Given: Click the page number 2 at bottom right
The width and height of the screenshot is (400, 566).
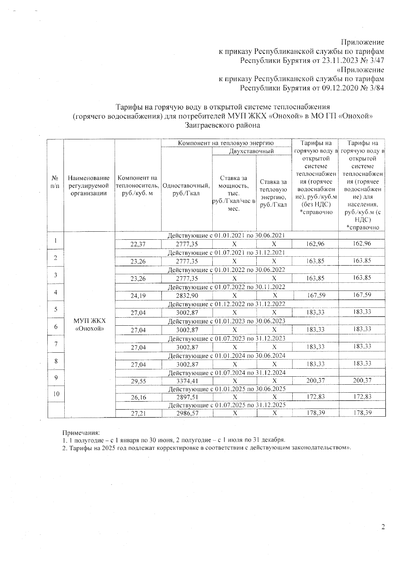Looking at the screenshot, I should [x=383, y=527].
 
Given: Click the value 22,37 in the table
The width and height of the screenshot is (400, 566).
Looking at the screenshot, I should [x=138, y=244].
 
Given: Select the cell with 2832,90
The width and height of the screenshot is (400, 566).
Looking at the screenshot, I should [x=187, y=295].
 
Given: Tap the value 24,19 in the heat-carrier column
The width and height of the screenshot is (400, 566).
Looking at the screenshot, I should [x=138, y=295].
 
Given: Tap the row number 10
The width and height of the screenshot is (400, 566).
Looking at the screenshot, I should [x=56, y=394].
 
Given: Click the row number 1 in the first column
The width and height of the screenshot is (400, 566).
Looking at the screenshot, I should [x=56, y=240].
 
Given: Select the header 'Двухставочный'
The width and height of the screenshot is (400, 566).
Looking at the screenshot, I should [x=252, y=151].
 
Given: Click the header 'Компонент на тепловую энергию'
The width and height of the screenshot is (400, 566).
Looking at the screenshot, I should [x=226, y=143].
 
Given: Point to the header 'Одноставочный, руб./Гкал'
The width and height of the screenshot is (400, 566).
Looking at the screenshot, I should [x=186, y=189].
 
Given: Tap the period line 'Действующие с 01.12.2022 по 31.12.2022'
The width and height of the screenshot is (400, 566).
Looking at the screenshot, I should [x=226, y=304].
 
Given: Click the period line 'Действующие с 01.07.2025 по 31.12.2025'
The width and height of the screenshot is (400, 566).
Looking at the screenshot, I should [x=226, y=405].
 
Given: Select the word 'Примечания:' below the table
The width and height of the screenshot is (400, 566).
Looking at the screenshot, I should [x=81, y=433].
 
